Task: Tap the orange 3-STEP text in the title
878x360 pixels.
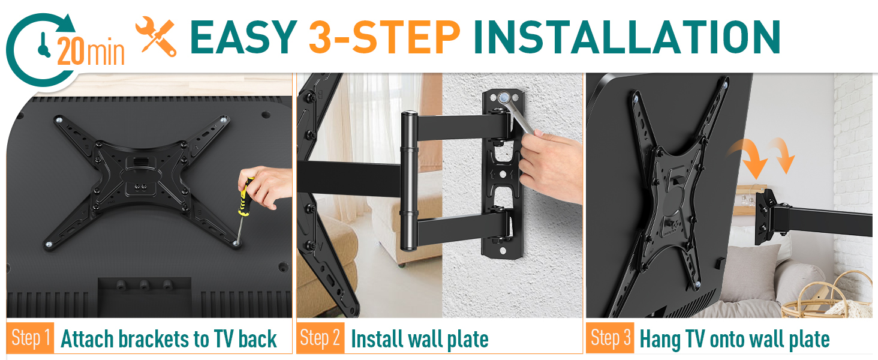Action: tap(384, 37)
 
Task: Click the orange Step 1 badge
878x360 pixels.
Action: tap(31, 338)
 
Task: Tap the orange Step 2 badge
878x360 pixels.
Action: tap(320, 338)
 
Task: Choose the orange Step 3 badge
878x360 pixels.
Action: tap(610, 338)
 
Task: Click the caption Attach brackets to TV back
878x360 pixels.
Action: tap(169, 339)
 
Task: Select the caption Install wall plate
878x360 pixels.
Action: tap(419, 339)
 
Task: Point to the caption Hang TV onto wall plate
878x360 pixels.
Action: tap(734, 339)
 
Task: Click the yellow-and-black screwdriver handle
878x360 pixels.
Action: tap(245, 197)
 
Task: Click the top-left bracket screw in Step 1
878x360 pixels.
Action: tap(59, 121)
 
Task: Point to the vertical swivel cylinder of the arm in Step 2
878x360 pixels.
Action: tap(409, 180)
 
